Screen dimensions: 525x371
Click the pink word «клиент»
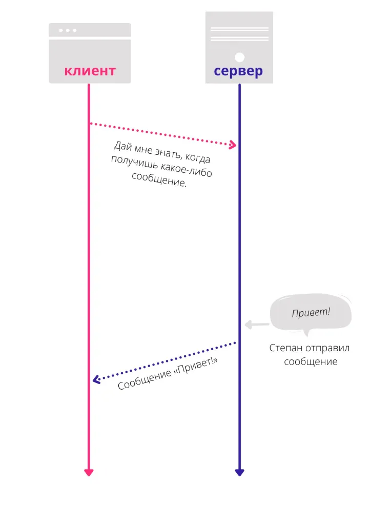click(90, 71)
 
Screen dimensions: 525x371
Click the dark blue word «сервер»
click(238, 71)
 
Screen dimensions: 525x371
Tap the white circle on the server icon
click(239, 56)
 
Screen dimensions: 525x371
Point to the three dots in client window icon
click(68, 30)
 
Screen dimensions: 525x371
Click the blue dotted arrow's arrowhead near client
click(96, 379)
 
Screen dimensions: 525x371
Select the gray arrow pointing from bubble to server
click(256, 324)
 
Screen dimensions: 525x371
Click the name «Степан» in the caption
click(285, 348)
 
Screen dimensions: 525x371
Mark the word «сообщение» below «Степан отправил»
click(311, 361)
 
